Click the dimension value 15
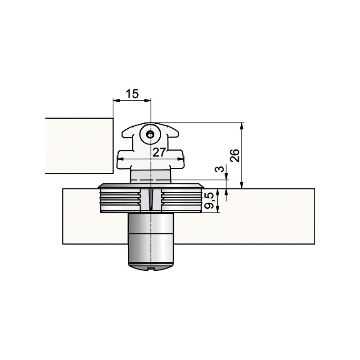coord(132,94)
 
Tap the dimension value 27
coord(159,152)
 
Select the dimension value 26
coord(235,155)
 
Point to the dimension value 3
coord(220,169)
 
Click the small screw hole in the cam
coord(150,135)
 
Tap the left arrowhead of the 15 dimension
coord(117,100)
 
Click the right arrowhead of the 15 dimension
coord(148,100)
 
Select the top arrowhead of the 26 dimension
coord(241,126)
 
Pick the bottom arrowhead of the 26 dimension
coord(241,185)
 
